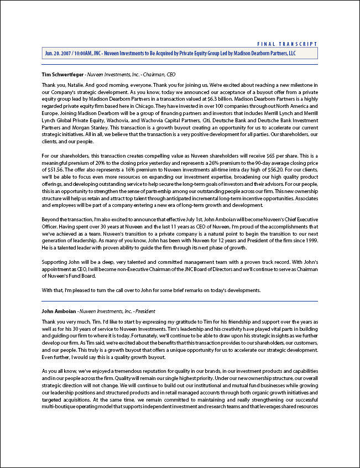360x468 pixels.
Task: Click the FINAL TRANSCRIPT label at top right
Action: click(288, 44)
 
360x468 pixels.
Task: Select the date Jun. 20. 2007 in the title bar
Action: click(56, 53)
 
